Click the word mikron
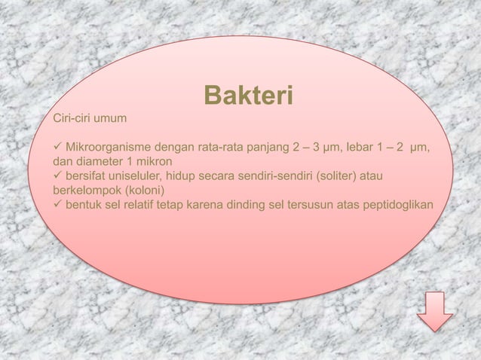[153, 161]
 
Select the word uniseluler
[136, 175]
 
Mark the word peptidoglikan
[400, 204]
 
